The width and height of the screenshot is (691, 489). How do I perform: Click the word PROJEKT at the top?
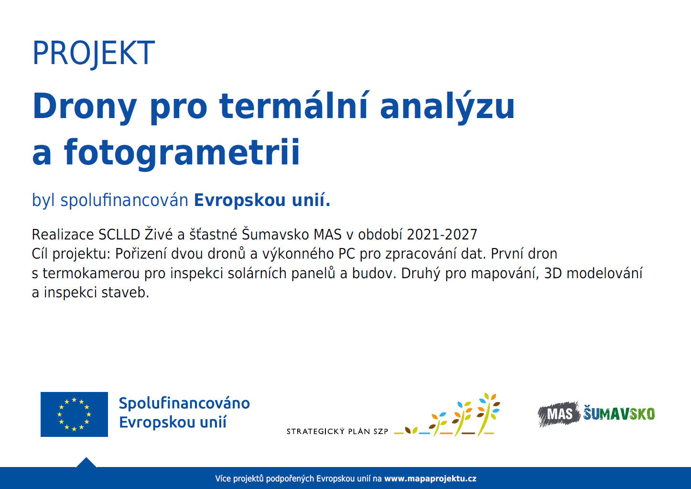pos(93,53)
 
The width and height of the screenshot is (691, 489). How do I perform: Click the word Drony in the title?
pos(85,107)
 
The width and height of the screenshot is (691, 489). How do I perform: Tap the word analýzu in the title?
pos(447,107)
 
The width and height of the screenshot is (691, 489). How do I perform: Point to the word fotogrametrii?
pos(182,152)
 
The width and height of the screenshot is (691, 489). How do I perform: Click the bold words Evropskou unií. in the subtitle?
pos(262,200)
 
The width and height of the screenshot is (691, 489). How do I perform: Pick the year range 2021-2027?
pos(442,235)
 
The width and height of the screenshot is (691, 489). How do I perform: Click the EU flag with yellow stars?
pos(74,414)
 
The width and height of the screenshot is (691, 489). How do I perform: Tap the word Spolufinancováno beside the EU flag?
pos(184,403)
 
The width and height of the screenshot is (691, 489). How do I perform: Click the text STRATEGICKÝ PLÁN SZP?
pos(337,431)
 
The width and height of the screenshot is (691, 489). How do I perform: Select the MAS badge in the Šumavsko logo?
pos(559,413)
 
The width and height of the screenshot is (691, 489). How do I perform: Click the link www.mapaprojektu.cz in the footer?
pos(430,478)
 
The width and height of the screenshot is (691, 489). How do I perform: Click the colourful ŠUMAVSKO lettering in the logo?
pos(619,413)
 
